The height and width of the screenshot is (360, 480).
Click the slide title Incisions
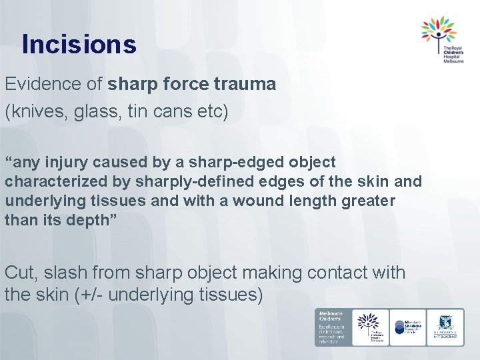(x=79, y=45)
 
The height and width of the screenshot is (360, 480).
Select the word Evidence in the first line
(x=51, y=84)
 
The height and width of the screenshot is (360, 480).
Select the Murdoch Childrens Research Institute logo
(x=408, y=326)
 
